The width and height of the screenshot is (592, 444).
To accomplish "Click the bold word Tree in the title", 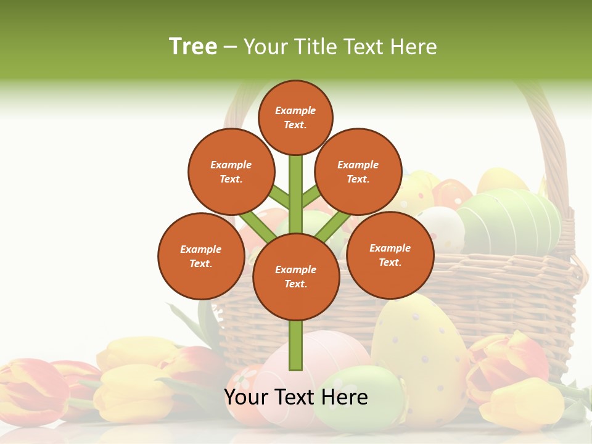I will tap(193, 47).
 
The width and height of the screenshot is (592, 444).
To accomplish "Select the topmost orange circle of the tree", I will tap(295, 117).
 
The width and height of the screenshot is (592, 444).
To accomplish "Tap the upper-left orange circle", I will tap(231, 172).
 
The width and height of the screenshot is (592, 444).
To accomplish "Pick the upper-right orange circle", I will tap(358, 172).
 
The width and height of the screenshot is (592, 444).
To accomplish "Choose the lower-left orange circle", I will tap(201, 256).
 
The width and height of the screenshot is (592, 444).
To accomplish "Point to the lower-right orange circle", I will tap(390, 255).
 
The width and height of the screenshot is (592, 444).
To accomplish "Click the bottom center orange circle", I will tap(296, 277).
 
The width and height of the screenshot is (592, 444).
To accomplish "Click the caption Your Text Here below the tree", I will tap(296, 397).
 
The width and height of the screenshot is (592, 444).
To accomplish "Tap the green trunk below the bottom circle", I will tap(296, 345).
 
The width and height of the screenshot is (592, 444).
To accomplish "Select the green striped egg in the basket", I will tap(509, 219).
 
